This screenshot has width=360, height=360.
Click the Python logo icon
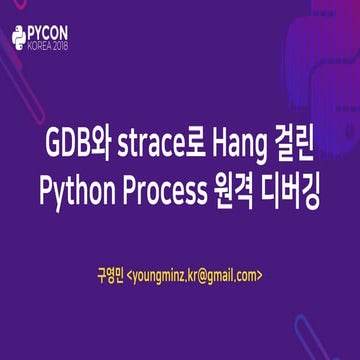pos(20,37)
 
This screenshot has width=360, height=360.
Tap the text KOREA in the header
pos(45,46)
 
